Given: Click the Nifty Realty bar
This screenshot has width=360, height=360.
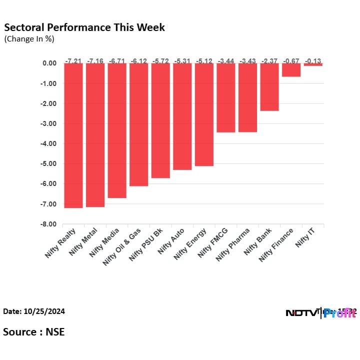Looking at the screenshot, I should pos(73,135).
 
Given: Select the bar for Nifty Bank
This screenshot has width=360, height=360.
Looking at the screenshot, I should pos(269,87).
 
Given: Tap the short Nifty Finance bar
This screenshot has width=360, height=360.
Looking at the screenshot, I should pos(291,70).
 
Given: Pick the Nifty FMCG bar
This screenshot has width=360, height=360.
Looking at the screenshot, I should pos(225,97).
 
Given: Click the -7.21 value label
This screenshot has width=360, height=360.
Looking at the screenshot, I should pos(73,61).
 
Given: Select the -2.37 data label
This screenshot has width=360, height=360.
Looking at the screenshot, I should pos(269,61).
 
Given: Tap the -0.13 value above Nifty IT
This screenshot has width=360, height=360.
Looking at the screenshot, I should pos(313,61).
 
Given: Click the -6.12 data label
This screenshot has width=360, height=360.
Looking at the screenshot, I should pos(138,61).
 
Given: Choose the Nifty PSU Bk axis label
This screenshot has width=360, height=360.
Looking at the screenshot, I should pos(142,244).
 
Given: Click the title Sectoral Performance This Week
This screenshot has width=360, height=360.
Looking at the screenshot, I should pos(84,27).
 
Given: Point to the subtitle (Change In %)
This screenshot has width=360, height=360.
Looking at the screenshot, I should pos(29,38).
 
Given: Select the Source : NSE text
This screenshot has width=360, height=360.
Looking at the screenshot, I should pos(34,331).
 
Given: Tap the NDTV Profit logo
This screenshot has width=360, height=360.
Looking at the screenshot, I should pos(320,313).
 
